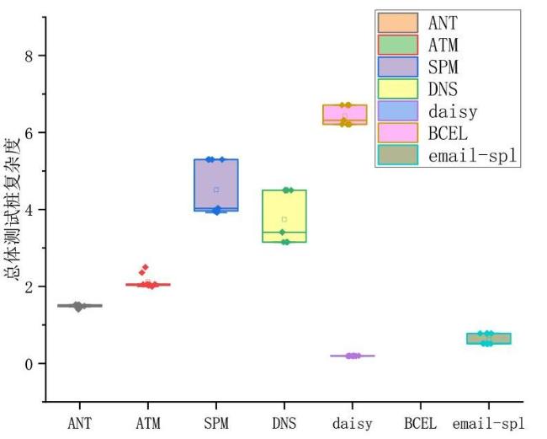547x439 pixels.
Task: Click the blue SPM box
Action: click(216, 185)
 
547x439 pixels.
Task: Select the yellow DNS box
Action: click(284, 216)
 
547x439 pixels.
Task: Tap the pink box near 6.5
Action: click(345, 115)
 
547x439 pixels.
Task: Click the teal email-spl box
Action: click(489, 339)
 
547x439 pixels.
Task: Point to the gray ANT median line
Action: click(80, 306)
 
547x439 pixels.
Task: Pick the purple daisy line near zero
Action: click(353, 356)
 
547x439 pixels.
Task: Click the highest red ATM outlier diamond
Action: click(146, 267)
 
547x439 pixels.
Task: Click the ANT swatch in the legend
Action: click(398, 23)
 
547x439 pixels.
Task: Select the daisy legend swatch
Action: click(398, 111)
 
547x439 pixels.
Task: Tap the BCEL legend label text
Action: click(448, 133)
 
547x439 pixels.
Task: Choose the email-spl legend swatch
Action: click(398, 155)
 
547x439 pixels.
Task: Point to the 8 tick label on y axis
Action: click(29, 56)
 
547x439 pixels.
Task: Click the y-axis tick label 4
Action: click(29, 210)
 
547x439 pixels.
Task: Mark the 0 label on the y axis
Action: click(29, 363)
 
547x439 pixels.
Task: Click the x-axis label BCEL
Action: click(421, 424)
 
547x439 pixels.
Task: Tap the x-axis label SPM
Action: click(216, 424)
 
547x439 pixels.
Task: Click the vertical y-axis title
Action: click(13, 209)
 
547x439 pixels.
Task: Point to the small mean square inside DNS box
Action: click(284, 219)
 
